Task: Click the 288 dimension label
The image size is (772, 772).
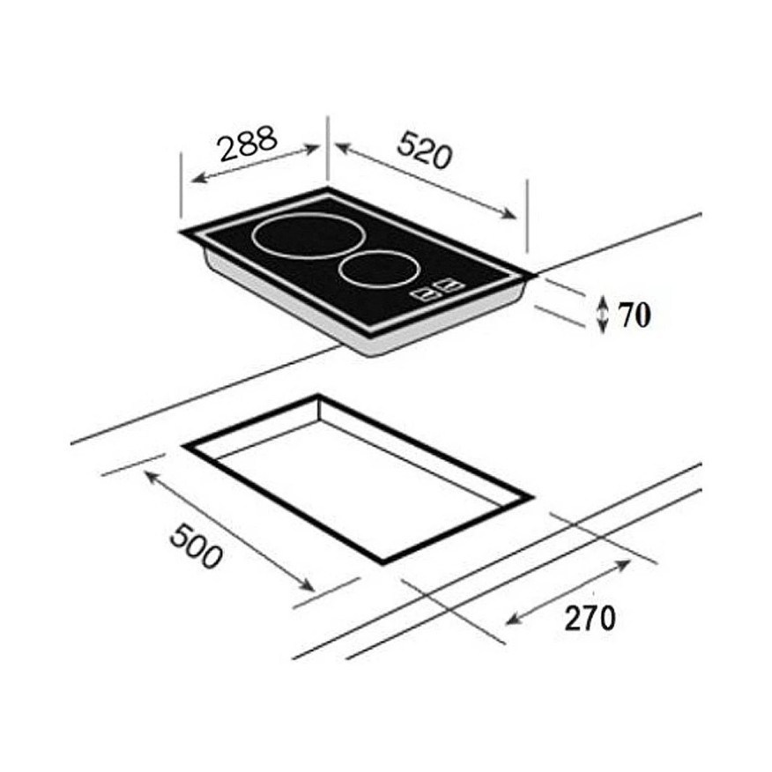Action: click(249, 144)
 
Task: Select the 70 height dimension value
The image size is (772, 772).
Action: click(635, 315)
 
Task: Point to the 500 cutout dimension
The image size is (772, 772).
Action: click(196, 546)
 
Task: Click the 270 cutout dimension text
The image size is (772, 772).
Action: click(590, 618)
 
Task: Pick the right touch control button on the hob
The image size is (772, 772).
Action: click(449, 285)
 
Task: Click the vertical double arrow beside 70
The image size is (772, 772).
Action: click(603, 315)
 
